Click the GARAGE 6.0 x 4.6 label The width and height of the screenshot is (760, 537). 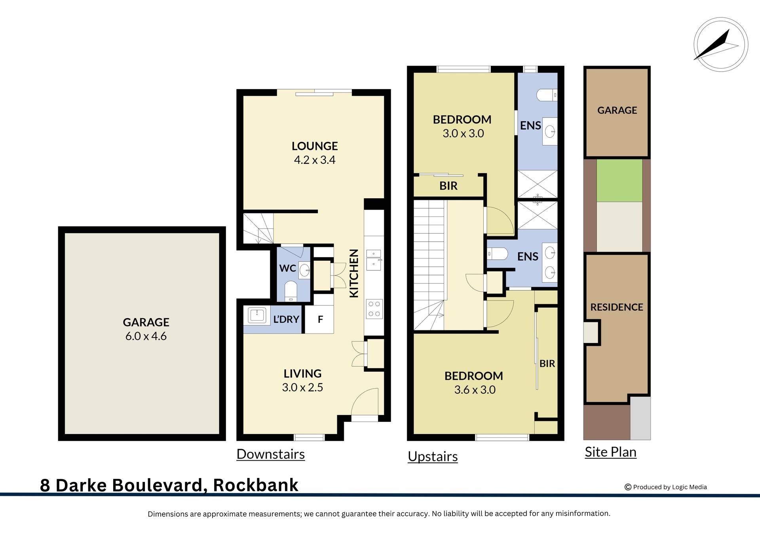146,329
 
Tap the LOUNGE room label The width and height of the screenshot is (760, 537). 315,146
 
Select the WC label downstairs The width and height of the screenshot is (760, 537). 287,268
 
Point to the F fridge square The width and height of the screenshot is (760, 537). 320,319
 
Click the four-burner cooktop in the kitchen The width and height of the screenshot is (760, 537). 374,309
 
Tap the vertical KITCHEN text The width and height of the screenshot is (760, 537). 354,273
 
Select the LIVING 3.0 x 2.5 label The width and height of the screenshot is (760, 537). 302,380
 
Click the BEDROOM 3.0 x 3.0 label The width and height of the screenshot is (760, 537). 462,126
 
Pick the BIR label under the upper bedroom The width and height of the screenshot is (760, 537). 448,186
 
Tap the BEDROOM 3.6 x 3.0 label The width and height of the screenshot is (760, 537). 474,382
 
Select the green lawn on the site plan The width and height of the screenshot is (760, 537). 619,180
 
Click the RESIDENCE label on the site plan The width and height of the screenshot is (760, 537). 616,307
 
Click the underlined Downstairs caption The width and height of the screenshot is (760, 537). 270,454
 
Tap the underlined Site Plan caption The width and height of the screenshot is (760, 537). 610,452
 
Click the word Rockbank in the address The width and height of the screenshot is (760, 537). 256,485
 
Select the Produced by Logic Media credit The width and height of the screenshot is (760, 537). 666,487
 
